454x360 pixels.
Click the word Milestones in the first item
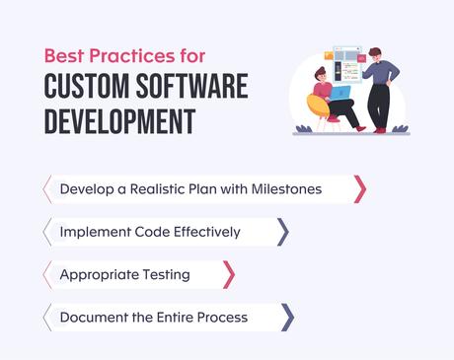point(286,188)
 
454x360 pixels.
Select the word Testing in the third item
point(165,274)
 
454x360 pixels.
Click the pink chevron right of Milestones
point(360,188)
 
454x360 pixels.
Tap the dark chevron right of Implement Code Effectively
point(283,232)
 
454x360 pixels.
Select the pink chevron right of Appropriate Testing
point(229,274)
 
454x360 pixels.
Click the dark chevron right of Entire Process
point(287,317)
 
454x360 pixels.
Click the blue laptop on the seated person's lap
point(340,95)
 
